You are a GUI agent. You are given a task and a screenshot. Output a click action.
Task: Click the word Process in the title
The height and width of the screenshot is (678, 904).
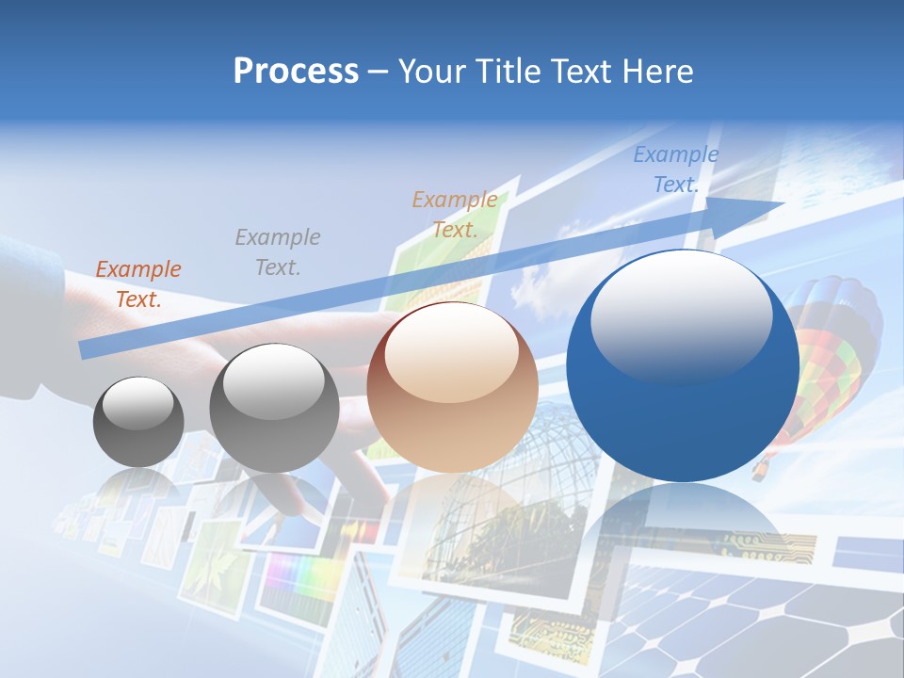pos(296,72)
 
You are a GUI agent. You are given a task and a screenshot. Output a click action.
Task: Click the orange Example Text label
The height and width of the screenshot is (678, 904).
pos(138,283)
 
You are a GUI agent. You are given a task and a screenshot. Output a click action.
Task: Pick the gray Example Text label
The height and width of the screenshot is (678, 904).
pos(278,251)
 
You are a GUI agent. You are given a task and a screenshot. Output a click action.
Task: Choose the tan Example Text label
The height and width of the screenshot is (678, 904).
pos(455,214)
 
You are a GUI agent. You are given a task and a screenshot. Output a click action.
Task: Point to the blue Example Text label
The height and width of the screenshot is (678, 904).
pos(675,169)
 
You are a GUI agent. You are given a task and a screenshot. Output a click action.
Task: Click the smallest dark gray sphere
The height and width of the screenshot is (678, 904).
pos(138,422)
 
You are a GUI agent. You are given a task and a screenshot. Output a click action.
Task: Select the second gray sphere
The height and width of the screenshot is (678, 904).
pos(274,408)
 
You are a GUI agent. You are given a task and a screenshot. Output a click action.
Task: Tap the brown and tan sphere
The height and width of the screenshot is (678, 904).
pos(452,387)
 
